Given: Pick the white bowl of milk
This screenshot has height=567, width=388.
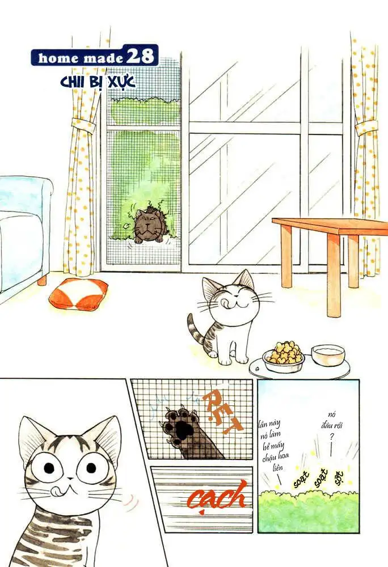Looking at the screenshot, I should (x=328, y=355).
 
